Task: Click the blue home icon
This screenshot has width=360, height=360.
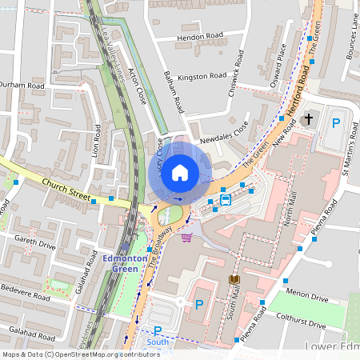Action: point(180,172)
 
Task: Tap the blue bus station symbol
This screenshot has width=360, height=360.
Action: point(226,199)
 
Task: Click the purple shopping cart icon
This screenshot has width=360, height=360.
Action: point(186,237)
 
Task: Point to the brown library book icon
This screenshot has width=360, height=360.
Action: point(234,279)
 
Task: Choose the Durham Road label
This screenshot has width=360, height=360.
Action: point(22,84)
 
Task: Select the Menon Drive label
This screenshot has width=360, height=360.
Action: point(307,298)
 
